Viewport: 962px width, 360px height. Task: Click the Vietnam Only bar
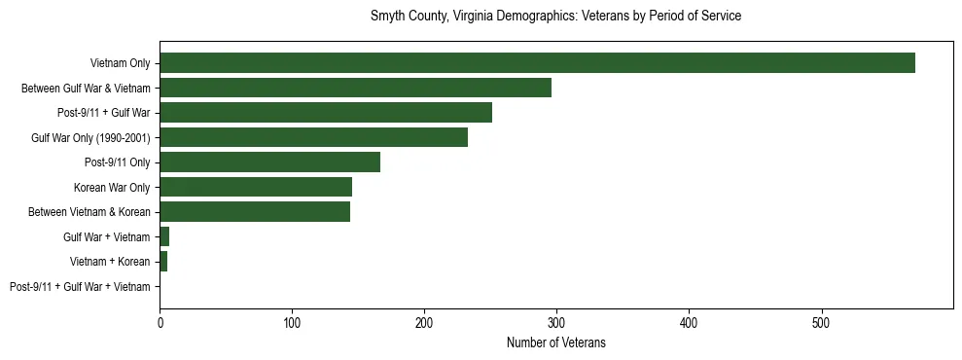click(537, 63)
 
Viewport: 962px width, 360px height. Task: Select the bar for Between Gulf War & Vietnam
click(355, 88)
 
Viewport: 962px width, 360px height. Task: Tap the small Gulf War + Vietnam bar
click(164, 236)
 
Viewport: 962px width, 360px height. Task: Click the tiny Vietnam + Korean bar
click(163, 262)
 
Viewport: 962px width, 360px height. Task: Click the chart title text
click(555, 17)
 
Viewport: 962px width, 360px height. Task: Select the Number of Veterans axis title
click(555, 342)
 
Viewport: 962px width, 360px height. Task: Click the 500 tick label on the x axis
click(821, 322)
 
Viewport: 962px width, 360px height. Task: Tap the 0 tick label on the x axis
click(160, 322)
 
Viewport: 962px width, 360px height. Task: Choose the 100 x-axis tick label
click(292, 322)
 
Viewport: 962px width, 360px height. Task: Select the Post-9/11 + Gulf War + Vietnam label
click(80, 287)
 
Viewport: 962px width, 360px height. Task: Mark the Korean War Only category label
click(112, 187)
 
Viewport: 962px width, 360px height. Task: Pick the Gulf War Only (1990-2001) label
click(90, 137)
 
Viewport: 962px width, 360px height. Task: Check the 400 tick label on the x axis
click(689, 322)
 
